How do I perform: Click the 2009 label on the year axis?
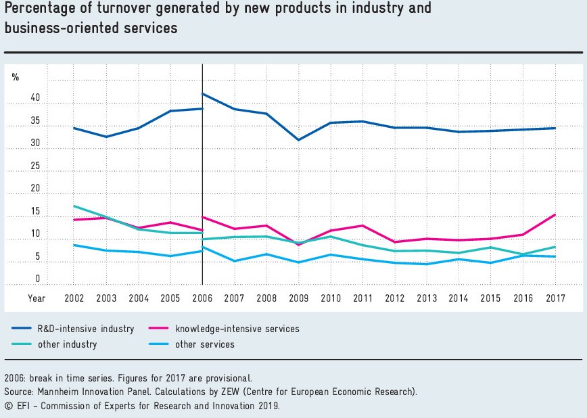(298, 298)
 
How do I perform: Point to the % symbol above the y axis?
(15, 76)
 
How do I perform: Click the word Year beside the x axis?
(37, 298)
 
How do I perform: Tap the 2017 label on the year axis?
(555, 298)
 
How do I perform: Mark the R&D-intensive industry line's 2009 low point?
(298, 140)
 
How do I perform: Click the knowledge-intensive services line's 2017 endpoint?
(555, 214)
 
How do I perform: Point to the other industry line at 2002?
(74, 206)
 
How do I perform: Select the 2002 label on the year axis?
(74, 298)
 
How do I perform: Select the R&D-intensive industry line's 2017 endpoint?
(555, 128)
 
